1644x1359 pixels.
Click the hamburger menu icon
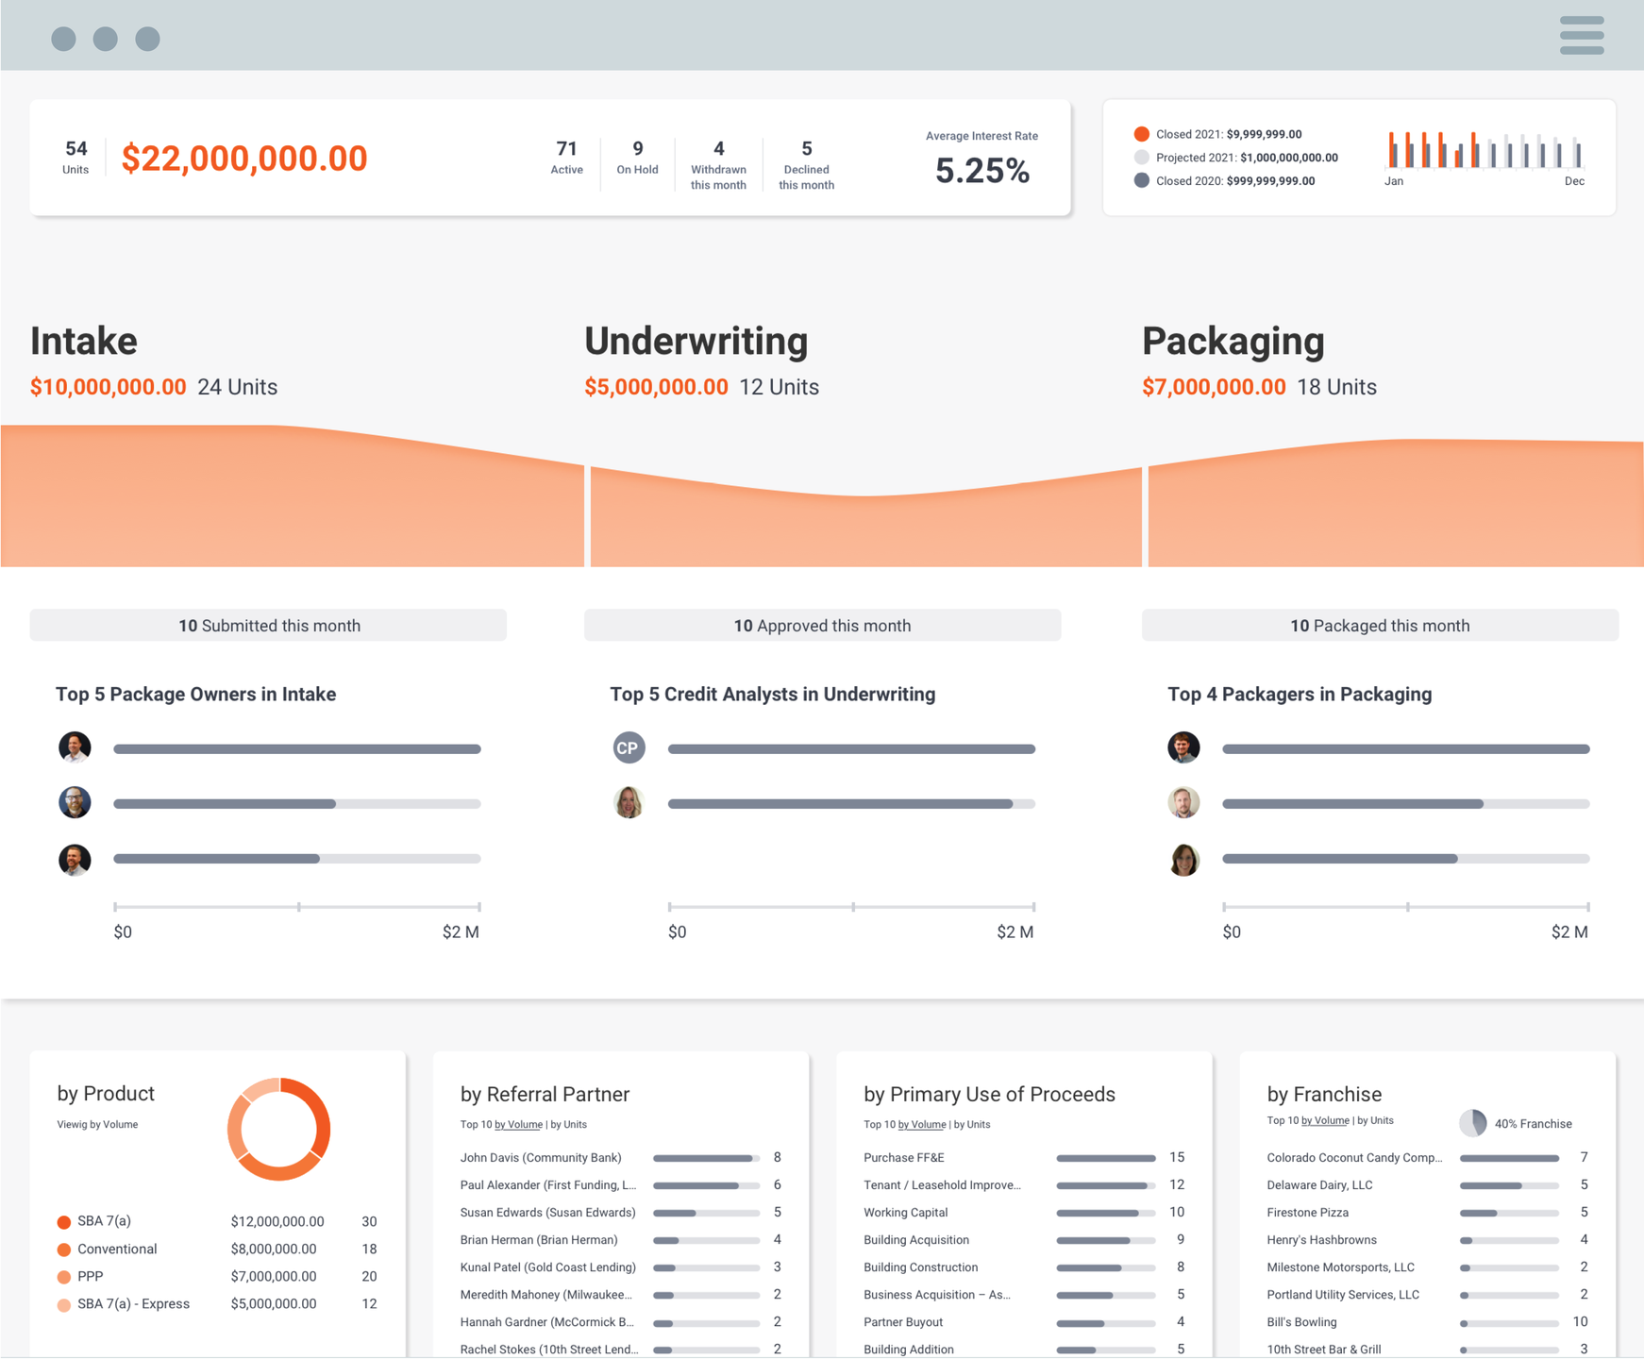click(1582, 36)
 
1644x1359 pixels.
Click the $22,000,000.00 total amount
click(244, 159)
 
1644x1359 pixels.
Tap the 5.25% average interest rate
click(981, 171)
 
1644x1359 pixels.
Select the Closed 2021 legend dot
click(1142, 134)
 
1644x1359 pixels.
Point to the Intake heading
click(84, 341)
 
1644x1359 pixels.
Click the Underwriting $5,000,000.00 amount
click(656, 387)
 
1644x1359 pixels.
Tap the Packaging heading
click(1233, 341)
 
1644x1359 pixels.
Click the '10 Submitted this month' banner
click(268, 625)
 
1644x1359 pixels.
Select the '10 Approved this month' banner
click(822, 625)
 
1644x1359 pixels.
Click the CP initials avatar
click(629, 747)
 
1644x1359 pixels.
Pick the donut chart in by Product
click(279, 1129)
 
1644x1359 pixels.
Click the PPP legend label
click(91, 1276)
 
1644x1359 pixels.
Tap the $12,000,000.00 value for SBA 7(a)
click(277, 1221)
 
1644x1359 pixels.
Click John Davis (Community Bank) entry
click(541, 1157)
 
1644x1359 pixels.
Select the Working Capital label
click(905, 1212)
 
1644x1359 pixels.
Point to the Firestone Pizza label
click(1307, 1212)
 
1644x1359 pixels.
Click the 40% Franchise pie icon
click(1472, 1123)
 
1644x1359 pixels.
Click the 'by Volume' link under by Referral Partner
click(519, 1124)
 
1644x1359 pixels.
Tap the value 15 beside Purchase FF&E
click(1177, 1157)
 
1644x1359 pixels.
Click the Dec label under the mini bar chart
click(1574, 181)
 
